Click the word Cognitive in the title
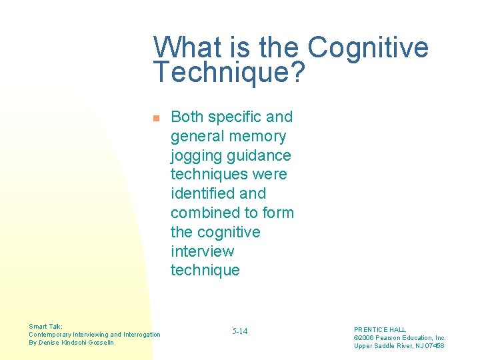click(x=368, y=48)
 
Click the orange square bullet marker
click(x=155, y=119)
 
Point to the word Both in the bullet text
click(x=187, y=117)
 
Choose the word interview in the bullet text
click(x=202, y=251)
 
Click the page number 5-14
click(x=240, y=331)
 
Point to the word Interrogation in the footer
click(x=142, y=335)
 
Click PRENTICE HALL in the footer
click(x=380, y=330)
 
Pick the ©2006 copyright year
click(x=365, y=338)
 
